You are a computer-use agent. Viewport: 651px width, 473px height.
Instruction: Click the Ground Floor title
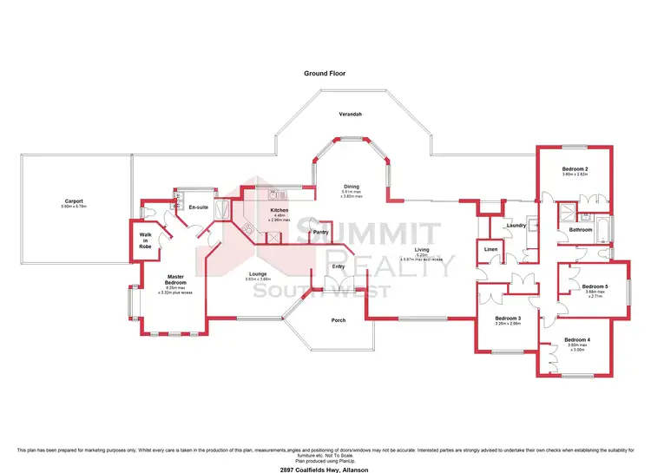[x=325, y=75]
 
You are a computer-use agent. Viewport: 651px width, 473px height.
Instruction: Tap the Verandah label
[x=350, y=115]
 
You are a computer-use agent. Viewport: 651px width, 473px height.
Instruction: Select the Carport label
[x=72, y=201]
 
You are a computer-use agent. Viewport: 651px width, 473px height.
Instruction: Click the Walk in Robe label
[x=145, y=243]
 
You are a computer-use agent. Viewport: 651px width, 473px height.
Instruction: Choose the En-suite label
[x=197, y=207]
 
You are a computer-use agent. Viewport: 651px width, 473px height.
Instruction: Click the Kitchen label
[x=279, y=211]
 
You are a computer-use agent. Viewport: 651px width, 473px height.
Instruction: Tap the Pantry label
[x=320, y=232]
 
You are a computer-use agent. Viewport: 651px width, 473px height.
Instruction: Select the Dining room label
[x=351, y=187]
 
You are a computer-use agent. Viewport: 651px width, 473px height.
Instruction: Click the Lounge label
[x=257, y=274]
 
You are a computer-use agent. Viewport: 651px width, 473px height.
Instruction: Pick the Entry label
[x=339, y=266]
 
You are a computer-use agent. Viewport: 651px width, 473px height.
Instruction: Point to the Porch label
[x=339, y=320]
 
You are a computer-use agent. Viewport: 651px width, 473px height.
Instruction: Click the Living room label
[x=421, y=250]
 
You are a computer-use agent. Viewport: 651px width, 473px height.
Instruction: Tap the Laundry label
[x=517, y=226]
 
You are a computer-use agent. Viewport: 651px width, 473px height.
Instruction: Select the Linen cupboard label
[x=490, y=250]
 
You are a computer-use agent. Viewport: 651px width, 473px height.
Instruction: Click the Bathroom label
[x=582, y=230]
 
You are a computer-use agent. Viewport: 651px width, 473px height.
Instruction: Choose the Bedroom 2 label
[x=575, y=168]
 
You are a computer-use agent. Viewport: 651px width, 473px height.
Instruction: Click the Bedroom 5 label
[x=595, y=286]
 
